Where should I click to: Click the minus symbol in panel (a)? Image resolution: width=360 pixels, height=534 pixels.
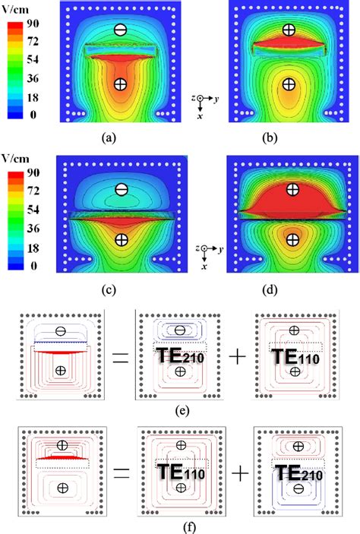tap(119, 30)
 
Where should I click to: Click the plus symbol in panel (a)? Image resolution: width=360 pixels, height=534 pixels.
tap(119, 84)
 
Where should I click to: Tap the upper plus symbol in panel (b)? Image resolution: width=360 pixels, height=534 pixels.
tap(288, 30)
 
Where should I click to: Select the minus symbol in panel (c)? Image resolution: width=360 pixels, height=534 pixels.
tap(121, 189)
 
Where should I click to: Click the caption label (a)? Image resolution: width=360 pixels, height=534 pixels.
tap(119, 138)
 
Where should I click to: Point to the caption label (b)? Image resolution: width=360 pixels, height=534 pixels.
tap(288, 138)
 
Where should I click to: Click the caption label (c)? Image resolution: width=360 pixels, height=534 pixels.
tap(120, 289)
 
